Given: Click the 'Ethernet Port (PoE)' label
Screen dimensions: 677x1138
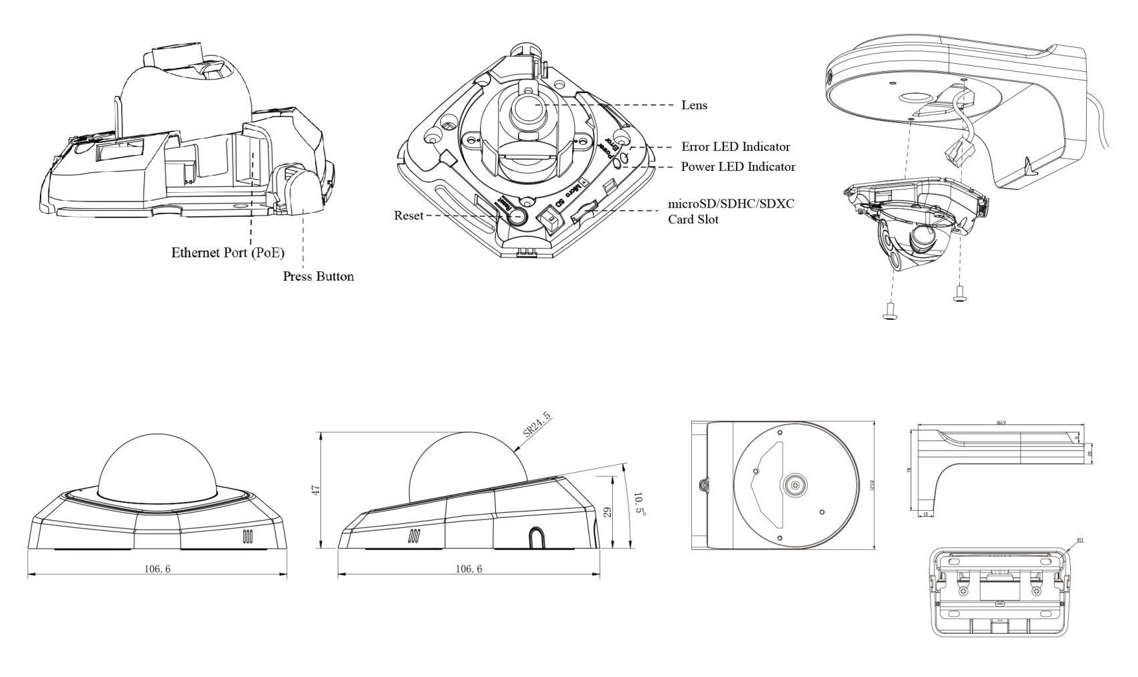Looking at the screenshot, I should [x=227, y=253].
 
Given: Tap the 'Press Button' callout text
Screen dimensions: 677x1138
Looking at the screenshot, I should [x=318, y=277].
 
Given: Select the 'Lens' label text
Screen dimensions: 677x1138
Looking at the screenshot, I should [x=694, y=105].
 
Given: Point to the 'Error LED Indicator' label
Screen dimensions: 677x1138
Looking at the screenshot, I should [x=735, y=147].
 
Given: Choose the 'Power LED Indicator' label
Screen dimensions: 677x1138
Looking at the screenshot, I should [x=738, y=167].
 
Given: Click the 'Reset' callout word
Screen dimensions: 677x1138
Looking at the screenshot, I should [x=408, y=215].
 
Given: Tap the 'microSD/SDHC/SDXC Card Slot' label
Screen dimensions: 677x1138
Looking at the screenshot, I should [x=731, y=211].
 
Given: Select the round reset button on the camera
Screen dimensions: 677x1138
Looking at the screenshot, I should [x=517, y=216].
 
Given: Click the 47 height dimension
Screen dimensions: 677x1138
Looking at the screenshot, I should [x=316, y=489].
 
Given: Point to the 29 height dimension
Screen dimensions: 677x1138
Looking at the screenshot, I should [x=606, y=511].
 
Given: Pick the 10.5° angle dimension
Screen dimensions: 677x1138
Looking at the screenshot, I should [x=639, y=503].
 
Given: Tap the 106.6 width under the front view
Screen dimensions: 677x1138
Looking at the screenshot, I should [x=158, y=569].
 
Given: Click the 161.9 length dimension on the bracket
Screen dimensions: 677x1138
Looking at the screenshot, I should [x=1000, y=422].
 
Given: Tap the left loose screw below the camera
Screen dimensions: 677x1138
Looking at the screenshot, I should [x=889, y=310].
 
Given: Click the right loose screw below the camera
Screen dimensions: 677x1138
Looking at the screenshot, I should [x=959, y=293].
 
